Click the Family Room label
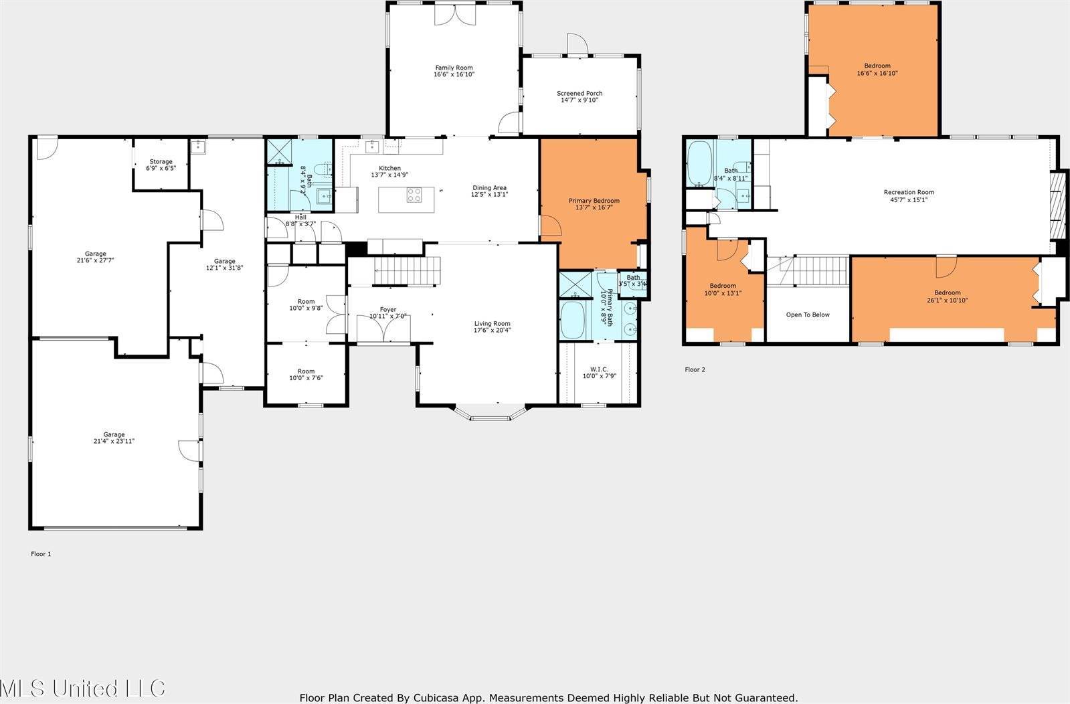coord(454,71)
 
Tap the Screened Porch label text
coord(579,97)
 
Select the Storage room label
coord(161,165)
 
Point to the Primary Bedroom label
coord(594,204)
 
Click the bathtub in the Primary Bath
coord(572,320)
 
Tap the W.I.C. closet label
coord(598,372)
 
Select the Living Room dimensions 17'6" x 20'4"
coord(492,330)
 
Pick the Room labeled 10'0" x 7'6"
coord(306,375)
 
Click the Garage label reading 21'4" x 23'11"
coord(114,438)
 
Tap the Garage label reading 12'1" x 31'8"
coord(224,265)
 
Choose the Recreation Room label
coord(908,195)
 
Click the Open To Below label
coord(808,315)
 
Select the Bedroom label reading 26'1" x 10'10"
coord(947,296)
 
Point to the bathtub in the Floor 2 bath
coord(700,163)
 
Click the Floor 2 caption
coord(695,369)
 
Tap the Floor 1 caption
coord(41,554)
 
